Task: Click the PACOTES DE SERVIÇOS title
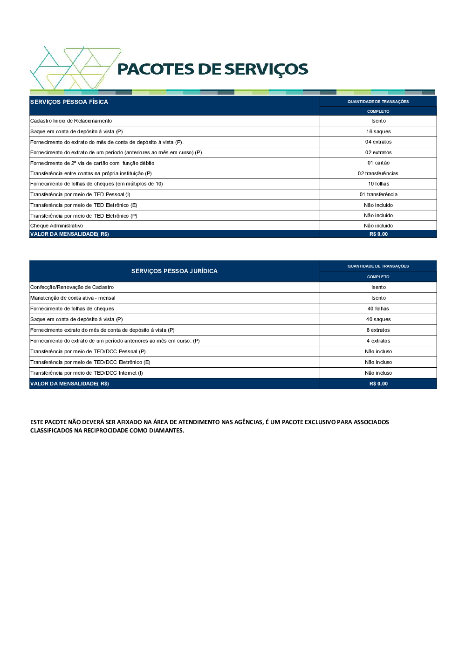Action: tap(212, 69)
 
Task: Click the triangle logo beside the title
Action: tap(75, 68)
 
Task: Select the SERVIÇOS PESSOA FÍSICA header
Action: tap(69, 102)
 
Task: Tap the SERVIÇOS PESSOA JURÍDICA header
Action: tap(174, 271)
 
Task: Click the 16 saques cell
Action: tap(378, 131)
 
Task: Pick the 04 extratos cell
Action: tap(378, 142)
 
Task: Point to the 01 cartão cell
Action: tap(378, 163)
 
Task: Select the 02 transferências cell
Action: tap(378, 173)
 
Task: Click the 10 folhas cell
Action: tap(378, 184)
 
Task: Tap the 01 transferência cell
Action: tap(378, 194)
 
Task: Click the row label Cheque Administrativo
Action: tap(56, 226)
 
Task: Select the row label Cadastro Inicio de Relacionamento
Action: tap(71, 121)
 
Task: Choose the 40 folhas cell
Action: tap(378, 309)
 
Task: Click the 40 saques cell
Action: tap(378, 319)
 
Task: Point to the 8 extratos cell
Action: tap(378, 330)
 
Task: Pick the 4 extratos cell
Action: tap(378, 341)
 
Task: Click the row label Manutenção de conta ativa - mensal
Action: tap(73, 298)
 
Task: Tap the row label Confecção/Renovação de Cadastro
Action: tap(72, 287)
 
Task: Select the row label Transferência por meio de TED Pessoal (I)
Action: tap(80, 194)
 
